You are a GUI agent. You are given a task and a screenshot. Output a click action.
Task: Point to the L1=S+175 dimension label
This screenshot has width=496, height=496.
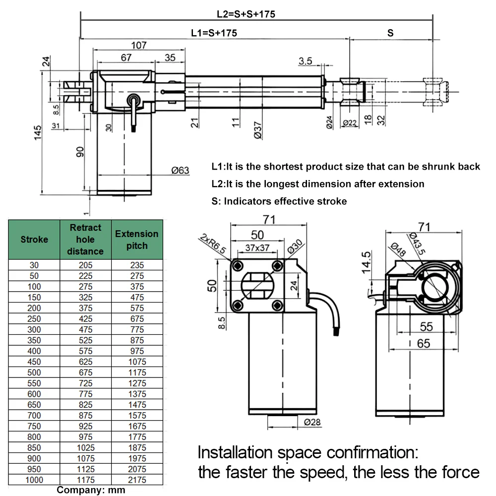click(214, 33)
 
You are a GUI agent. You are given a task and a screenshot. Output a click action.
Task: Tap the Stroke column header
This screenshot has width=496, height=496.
click(34, 240)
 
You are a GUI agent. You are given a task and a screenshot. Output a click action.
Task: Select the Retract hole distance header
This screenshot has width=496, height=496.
click(85, 240)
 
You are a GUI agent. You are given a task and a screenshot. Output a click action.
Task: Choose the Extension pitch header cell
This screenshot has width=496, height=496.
click(137, 240)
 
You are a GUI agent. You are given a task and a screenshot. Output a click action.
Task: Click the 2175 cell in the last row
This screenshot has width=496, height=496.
click(137, 480)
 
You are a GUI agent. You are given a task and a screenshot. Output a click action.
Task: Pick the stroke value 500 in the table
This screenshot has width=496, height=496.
click(34, 372)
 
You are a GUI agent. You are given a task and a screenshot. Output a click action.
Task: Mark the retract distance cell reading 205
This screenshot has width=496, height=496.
click(85, 265)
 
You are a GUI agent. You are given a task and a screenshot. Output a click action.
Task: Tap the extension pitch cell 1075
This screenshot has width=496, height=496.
click(137, 362)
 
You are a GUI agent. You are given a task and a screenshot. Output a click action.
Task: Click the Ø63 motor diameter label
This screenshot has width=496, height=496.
click(180, 171)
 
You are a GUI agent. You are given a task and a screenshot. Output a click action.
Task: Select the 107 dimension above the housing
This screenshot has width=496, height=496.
click(139, 46)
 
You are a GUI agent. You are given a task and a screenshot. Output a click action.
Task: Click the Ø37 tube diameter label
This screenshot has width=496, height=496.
click(257, 128)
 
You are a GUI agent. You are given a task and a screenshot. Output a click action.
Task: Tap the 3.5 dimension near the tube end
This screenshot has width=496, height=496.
click(306, 61)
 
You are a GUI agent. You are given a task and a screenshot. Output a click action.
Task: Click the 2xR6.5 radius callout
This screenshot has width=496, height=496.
click(214, 244)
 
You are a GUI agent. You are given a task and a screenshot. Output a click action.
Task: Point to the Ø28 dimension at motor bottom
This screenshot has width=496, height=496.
click(310, 422)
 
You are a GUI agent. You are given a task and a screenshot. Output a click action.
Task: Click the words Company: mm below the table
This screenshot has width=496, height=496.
click(91, 490)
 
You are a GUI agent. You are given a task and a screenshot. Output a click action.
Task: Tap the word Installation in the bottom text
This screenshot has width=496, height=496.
click(235, 453)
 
